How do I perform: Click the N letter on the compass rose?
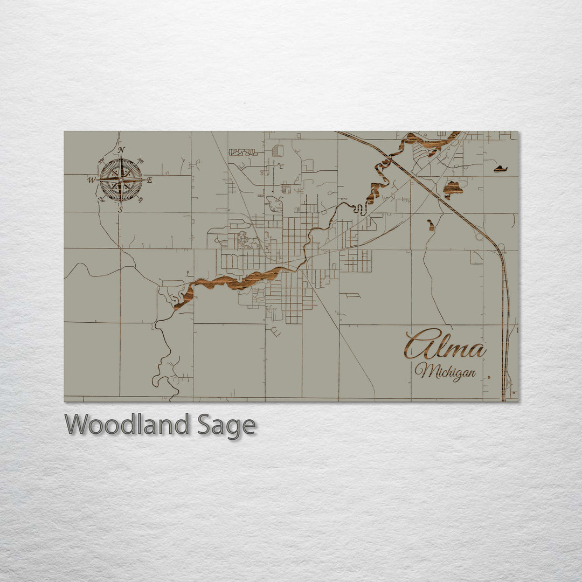(x=121, y=150)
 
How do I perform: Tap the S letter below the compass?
(x=121, y=209)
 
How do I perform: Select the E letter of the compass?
(x=150, y=180)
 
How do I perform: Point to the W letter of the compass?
(x=91, y=180)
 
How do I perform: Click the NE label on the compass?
(x=141, y=161)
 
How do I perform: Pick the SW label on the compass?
(x=101, y=199)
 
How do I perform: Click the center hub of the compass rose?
(x=121, y=179)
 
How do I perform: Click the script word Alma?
(x=445, y=345)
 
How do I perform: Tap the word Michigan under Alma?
(x=445, y=371)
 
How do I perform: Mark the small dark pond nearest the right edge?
(x=500, y=169)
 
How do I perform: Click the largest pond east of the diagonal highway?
(x=453, y=189)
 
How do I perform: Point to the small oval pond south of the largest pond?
(x=431, y=224)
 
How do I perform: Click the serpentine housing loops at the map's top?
(x=243, y=153)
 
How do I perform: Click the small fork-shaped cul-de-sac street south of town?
(x=275, y=332)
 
